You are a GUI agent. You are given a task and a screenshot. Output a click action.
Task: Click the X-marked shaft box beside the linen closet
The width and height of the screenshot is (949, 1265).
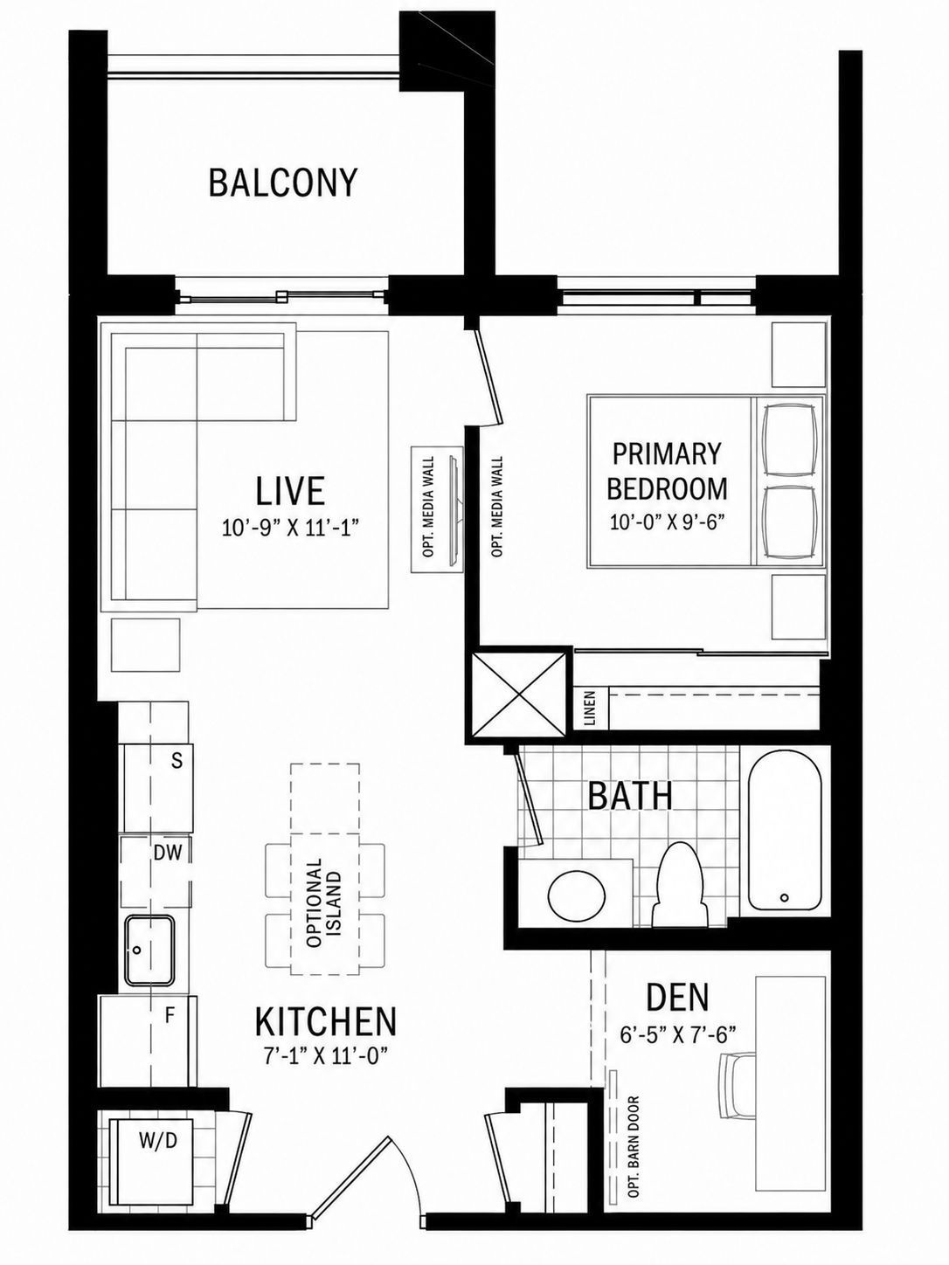[x=518, y=693]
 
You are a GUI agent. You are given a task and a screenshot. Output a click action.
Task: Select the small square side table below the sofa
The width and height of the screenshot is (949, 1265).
[x=145, y=645]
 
